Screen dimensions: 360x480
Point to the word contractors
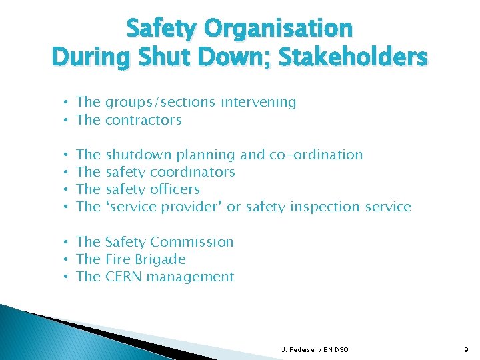[143, 120]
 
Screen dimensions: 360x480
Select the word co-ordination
[316, 155]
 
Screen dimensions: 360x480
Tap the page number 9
[466, 349]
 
